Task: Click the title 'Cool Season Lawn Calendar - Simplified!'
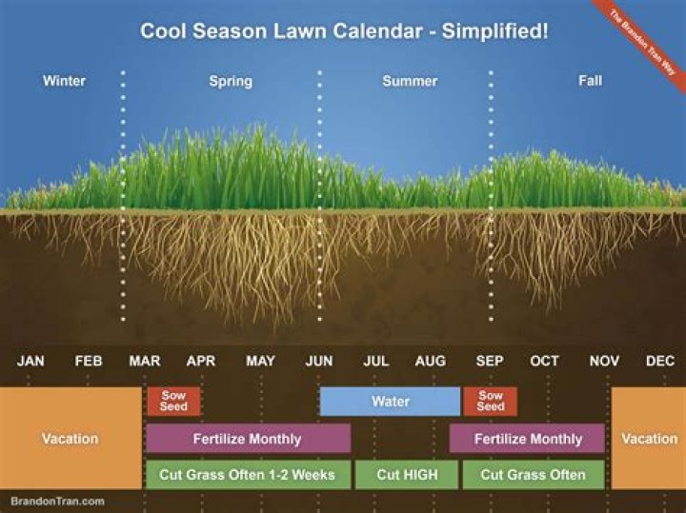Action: tap(344, 30)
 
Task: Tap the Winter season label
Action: tap(64, 81)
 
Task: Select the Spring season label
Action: tap(231, 81)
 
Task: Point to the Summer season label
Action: tap(410, 81)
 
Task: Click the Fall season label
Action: tap(590, 81)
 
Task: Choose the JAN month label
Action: tap(30, 362)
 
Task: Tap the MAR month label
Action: tap(145, 362)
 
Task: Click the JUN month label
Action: tap(318, 362)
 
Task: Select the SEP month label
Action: tap(490, 362)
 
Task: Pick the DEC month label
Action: tap(660, 362)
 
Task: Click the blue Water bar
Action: tap(390, 402)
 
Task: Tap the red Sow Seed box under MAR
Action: tap(173, 402)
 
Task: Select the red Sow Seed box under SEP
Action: tap(491, 402)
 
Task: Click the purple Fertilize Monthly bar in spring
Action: tap(248, 439)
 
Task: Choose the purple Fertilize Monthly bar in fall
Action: tap(528, 439)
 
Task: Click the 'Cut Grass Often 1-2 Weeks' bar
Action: tap(248, 474)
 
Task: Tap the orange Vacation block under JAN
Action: tap(70, 439)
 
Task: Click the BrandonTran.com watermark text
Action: tap(58, 501)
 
